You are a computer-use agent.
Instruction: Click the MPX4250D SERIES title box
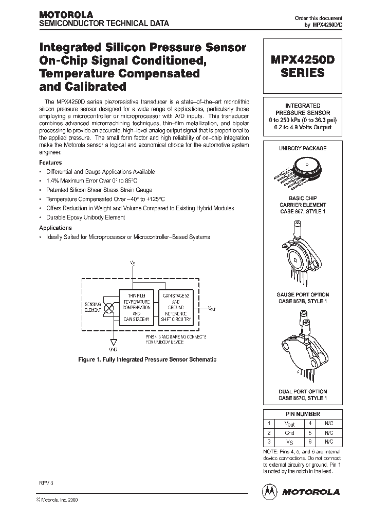pyautogui.click(x=303, y=66)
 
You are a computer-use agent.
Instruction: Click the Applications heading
pyautogui.click(x=55, y=228)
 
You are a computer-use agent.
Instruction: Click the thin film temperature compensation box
pyautogui.click(x=136, y=307)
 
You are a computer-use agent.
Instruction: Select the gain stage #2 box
pyautogui.click(x=177, y=307)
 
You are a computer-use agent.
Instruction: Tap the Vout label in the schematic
pyautogui.click(x=212, y=309)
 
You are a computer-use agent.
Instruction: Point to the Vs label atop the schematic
pyautogui.click(x=133, y=263)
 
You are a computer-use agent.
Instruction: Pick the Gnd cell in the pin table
pyautogui.click(x=289, y=432)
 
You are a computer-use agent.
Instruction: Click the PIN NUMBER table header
pyautogui.click(x=302, y=414)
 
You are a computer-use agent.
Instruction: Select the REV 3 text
pyautogui.click(x=46, y=484)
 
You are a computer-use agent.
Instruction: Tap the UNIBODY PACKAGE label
pyautogui.click(x=303, y=148)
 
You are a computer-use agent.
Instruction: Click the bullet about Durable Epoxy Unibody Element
pyautogui.click(x=85, y=217)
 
